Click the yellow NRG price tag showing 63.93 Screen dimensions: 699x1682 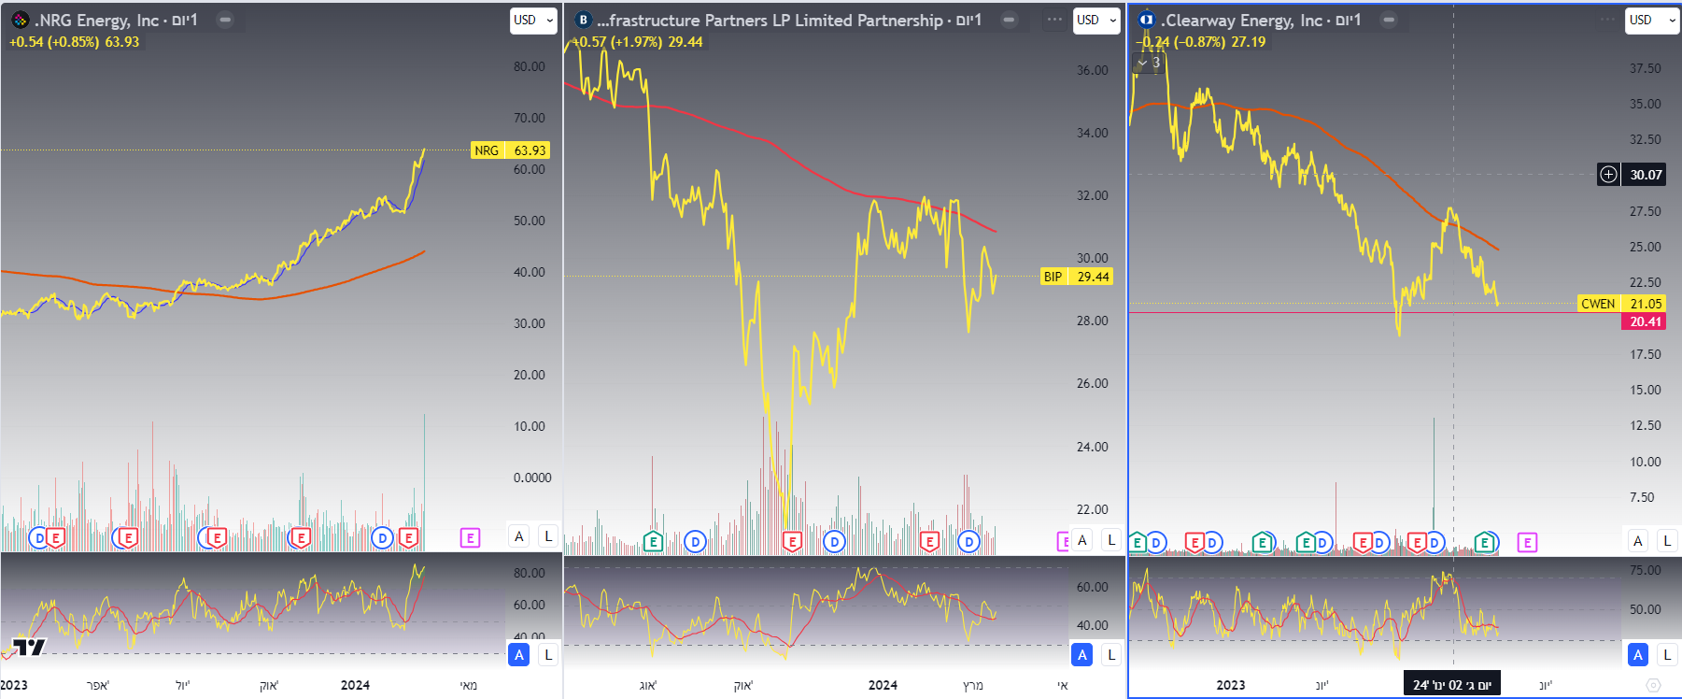[x=510, y=150]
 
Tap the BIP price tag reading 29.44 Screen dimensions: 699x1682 [x=1076, y=277]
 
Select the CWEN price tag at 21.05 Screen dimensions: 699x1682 [x=1621, y=304]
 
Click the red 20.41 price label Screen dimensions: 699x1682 [x=1645, y=321]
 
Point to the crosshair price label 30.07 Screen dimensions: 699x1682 [x=1646, y=175]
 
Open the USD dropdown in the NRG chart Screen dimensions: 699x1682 [x=532, y=20]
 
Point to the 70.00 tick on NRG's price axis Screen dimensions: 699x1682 [x=529, y=118]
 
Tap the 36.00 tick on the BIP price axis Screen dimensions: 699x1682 [x=1092, y=70]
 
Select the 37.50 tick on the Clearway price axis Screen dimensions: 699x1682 [x=1645, y=68]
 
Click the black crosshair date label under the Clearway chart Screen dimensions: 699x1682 [x=1451, y=685]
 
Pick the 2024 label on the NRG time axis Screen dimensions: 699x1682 [x=355, y=685]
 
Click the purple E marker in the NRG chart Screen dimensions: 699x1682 [x=470, y=537]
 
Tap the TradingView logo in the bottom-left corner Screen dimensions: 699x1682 [x=28, y=648]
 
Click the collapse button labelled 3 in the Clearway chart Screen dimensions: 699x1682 [x=1148, y=63]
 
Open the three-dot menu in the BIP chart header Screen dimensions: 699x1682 [x=1054, y=20]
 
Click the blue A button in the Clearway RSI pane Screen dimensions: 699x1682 [x=1637, y=655]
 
